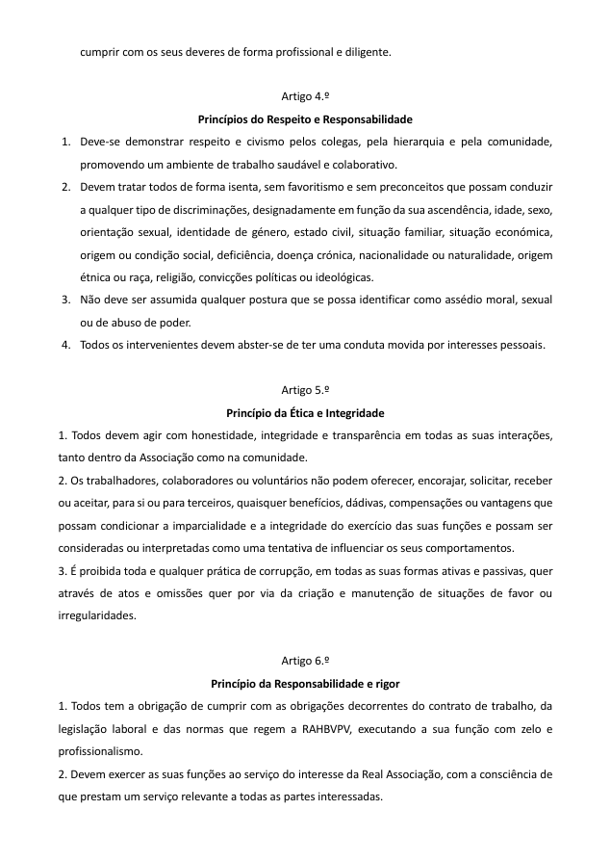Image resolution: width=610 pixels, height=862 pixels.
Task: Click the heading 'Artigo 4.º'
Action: [305, 97]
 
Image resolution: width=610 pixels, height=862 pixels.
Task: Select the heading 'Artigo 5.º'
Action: [305, 390]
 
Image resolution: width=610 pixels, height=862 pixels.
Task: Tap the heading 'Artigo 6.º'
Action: [305, 662]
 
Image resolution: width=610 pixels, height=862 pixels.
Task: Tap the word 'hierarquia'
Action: [430, 142]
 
